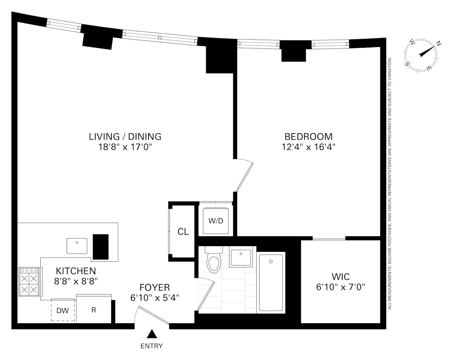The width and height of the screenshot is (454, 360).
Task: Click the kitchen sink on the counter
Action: click(77, 245)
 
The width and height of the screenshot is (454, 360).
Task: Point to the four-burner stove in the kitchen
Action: click(29, 281)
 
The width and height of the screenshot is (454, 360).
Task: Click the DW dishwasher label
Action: click(62, 310)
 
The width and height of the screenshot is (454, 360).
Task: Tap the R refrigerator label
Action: click(94, 310)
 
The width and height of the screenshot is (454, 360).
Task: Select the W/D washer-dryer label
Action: click(216, 221)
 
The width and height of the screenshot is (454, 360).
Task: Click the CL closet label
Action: click(183, 232)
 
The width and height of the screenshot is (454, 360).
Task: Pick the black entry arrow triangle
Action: click(151, 334)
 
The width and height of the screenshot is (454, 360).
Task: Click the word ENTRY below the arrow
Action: click(151, 346)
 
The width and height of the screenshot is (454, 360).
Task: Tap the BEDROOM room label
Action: click(309, 137)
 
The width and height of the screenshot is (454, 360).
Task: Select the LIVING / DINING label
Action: click(125, 137)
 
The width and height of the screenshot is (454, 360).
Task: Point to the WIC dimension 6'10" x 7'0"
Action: click(340, 287)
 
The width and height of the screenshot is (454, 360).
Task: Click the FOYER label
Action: click(154, 287)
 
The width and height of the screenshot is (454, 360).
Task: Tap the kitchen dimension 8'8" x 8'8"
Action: click(76, 281)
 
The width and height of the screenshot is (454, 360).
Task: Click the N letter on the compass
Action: click(439, 44)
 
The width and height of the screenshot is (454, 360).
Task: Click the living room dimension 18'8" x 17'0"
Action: click(125, 147)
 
